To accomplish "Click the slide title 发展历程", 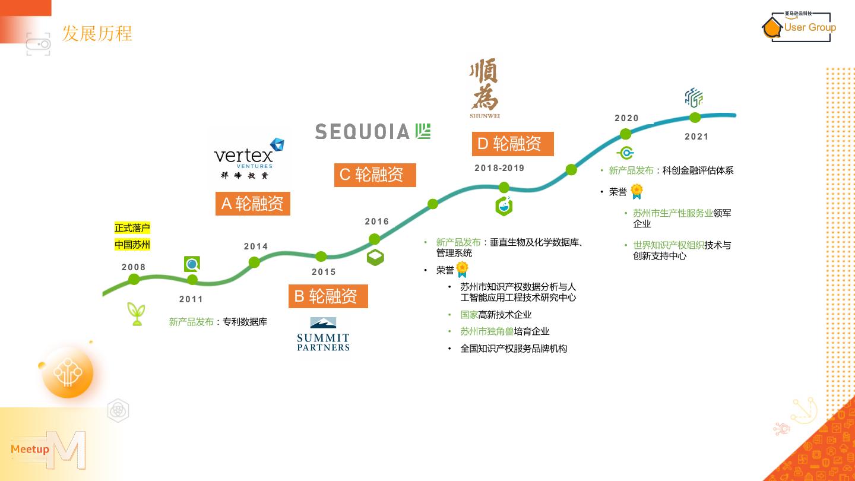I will tap(97, 33).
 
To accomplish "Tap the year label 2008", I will tap(134, 267).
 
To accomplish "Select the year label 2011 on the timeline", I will tap(191, 299).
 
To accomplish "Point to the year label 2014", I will tap(256, 246).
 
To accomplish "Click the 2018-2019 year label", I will tap(499, 168).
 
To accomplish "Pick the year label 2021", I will tap(696, 137).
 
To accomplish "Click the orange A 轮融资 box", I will tap(253, 204).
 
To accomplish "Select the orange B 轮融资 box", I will tap(328, 296).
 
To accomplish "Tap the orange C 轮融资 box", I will tap(375, 175).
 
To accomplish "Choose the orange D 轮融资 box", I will tap(513, 144).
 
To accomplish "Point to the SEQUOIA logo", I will tap(372, 131).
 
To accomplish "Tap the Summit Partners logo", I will tap(323, 334).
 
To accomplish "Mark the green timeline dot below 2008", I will tap(134, 279).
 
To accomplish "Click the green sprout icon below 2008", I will tap(137, 314).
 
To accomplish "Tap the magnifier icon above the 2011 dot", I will tap(192, 264).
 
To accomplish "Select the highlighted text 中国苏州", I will tap(132, 245).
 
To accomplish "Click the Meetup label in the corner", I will tap(30, 449).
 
